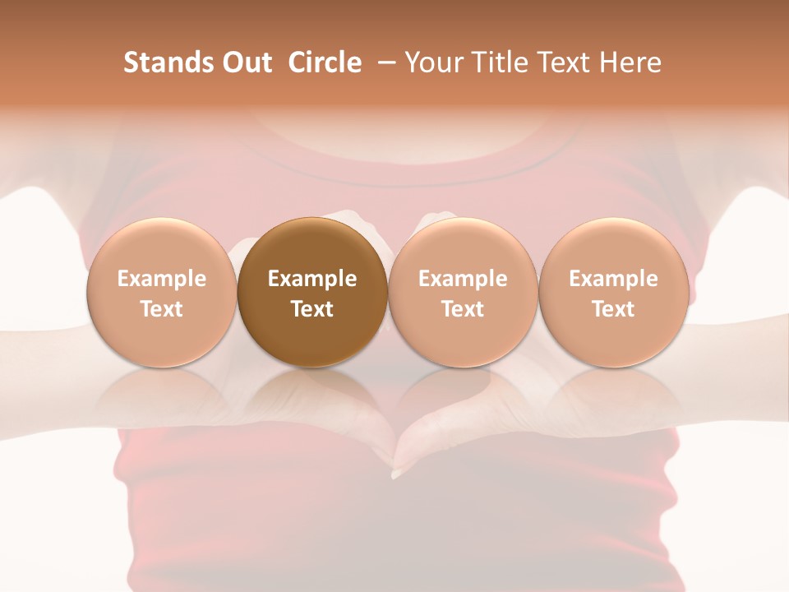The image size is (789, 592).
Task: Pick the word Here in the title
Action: (630, 62)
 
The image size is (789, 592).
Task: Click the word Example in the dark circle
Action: (312, 279)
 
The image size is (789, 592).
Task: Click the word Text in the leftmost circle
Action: (162, 309)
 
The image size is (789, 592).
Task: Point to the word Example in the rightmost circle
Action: (614, 279)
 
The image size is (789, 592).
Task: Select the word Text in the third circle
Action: (463, 309)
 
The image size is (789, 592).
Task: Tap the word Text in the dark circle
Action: (312, 309)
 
